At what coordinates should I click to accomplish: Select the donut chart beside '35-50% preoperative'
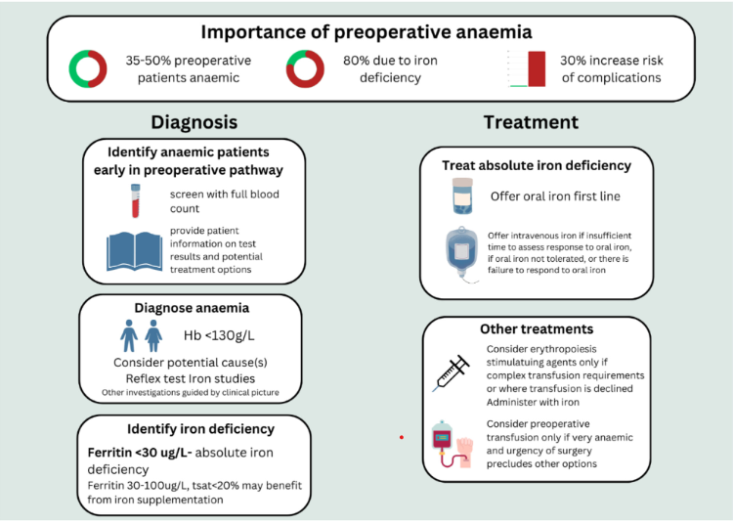click(x=88, y=68)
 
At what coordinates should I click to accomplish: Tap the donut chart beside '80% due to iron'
click(x=305, y=68)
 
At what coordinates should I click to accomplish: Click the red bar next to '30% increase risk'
click(x=536, y=67)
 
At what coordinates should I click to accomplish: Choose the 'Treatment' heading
click(x=530, y=122)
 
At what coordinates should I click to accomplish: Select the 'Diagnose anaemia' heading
click(x=191, y=307)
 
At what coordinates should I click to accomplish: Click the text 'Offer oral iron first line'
click(x=555, y=196)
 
